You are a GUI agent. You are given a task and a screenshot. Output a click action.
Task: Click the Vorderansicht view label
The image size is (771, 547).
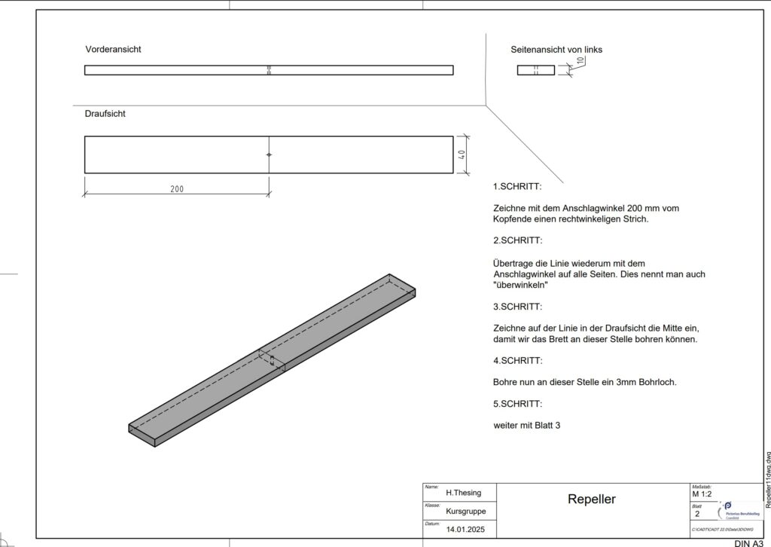tap(114, 49)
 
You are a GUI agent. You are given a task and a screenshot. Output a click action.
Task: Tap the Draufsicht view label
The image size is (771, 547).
tap(105, 114)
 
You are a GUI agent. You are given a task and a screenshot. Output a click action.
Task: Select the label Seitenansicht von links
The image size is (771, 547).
tap(556, 50)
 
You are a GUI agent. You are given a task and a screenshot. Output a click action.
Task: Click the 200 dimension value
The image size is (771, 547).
tap(176, 189)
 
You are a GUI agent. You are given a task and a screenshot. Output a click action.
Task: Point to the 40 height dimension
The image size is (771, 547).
tap(462, 154)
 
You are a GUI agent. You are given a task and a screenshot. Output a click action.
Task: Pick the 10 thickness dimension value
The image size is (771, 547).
tap(580, 61)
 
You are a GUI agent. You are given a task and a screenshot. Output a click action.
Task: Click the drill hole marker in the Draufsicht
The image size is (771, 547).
tap(269, 154)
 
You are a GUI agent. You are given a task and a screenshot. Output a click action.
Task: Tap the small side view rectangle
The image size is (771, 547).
tap(535, 70)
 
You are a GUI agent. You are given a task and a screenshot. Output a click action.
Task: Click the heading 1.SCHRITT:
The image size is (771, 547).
tap(517, 186)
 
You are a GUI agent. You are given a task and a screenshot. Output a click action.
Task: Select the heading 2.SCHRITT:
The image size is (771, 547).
tap(517, 241)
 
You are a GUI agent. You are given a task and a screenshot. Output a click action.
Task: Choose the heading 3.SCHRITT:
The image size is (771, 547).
tap(517, 307)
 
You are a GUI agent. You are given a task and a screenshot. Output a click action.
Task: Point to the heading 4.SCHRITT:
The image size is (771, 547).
tap(517, 361)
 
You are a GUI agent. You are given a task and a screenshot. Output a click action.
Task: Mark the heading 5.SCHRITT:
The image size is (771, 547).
tap(517, 404)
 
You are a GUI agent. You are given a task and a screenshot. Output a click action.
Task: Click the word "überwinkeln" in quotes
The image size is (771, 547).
tap(520, 286)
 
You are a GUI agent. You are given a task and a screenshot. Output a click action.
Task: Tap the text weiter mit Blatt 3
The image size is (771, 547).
tap(527, 426)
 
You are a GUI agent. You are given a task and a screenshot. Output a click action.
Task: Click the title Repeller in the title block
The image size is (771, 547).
tap(591, 499)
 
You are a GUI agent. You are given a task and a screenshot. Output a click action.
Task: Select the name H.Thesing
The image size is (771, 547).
tap(463, 493)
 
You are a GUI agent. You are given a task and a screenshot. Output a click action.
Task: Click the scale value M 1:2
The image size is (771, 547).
tap(701, 494)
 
